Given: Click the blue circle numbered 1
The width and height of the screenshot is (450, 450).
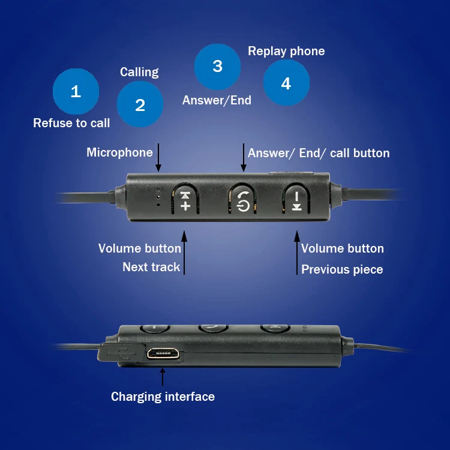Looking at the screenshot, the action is [76, 91].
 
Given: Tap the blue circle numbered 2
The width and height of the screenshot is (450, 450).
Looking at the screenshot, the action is [140, 105].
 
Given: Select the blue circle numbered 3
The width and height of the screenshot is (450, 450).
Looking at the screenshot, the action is [217, 66].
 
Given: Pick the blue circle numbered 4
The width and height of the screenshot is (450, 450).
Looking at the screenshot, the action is [286, 83].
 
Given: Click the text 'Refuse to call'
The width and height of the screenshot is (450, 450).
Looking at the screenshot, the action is [71, 123].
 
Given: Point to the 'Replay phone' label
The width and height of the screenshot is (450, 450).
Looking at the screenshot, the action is [286, 51].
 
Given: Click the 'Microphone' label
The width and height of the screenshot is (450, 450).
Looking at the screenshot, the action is [119, 152].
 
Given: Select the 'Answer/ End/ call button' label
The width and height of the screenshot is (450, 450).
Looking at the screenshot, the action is [319, 153].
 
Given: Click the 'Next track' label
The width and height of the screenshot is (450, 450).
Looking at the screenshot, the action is [151, 267].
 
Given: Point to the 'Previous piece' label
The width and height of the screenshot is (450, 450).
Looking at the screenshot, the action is [342, 269].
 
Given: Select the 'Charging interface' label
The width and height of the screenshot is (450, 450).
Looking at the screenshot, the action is [163, 397].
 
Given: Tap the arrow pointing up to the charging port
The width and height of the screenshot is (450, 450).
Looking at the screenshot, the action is [162, 376].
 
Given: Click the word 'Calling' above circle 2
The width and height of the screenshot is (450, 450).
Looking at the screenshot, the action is [139, 72].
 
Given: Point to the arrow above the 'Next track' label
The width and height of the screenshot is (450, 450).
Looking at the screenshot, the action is [184, 255].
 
